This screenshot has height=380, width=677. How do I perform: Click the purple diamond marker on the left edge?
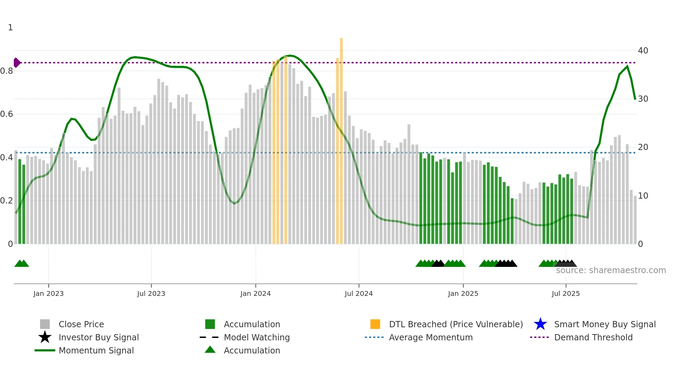[17, 63]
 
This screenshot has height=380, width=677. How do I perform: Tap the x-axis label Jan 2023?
[48, 293]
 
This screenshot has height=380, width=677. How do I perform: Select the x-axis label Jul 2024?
[359, 293]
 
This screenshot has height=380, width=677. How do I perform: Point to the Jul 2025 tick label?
[565, 293]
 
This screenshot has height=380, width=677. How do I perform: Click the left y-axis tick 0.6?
[7, 114]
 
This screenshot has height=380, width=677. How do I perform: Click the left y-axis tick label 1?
[10, 28]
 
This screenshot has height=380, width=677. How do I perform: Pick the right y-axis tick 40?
[643, 51]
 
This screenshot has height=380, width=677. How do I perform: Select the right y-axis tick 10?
[643, 196]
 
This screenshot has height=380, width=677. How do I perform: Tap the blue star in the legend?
[540, 324]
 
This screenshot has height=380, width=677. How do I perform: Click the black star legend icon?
[45, 337]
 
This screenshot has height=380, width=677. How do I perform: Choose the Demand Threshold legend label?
[593, 337]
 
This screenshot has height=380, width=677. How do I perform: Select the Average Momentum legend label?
[430, 337]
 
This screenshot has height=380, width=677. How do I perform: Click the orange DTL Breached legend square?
[375, 324]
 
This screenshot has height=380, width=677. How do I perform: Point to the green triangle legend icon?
[210, 350]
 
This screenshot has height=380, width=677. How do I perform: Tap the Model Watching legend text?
[257, 337]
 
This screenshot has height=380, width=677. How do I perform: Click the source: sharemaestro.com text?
[611, 270]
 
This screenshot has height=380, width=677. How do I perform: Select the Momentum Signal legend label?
[96, 350]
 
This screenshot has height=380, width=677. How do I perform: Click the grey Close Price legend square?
[45, 324]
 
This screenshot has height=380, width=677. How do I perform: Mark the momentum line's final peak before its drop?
[627, 66]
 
